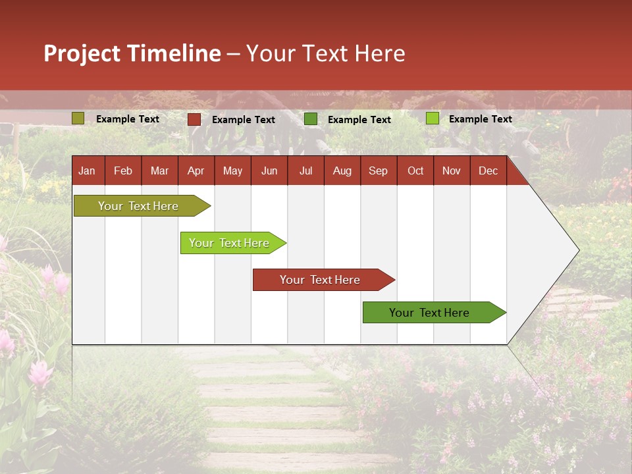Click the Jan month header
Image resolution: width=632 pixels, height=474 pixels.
pyautogui.click(x=87, y=171)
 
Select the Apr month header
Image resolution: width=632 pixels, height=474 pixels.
pyautogui.click(x=196, y=171)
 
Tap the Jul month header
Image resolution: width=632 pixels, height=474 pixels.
pyautogui.click(x=305, y=171)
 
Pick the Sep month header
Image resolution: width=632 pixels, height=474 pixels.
pyautogui.click(x=378, y=171)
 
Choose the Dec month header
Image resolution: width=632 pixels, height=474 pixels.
pyautogui.click(x=488, y=171)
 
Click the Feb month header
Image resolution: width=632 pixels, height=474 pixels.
pyautogui.click(x=123, y=171)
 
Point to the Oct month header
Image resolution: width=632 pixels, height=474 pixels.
pyautogui.click(x=415, y=171)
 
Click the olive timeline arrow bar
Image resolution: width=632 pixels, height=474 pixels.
pyautogui.click(x=138, y=206)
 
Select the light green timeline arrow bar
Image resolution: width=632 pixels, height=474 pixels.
pyautogui.click(x=229, y=243)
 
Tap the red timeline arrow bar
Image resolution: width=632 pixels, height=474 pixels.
pyautogui.click(x=320, y=280)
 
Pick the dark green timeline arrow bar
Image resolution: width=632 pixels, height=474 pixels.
pyautogui.click(x=429, y=313)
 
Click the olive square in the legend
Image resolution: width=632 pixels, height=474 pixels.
pyautogui.click(x=78, y=118)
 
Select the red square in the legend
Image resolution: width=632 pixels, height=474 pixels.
pyautogui.click(x=194, y=119)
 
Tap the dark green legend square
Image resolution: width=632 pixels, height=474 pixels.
pyautogui.click(x=311, y=119)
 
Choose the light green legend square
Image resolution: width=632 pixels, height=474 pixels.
pyautogui.click(x=433, y=118)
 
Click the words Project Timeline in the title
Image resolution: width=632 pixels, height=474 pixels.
pyautogui.click(x=132, y=53)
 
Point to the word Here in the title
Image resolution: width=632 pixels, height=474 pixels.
pyautogui.click(x=380, y=53)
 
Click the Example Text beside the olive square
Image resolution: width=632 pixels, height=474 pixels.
pyautogui.click(x=128, y=119)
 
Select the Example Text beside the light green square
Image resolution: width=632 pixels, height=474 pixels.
pyautogui.click(x=481, y=119)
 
